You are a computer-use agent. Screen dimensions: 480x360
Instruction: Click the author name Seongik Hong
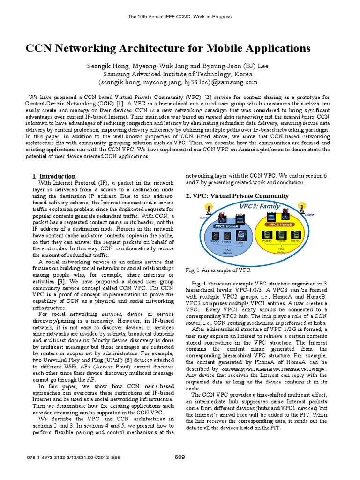[107, 66]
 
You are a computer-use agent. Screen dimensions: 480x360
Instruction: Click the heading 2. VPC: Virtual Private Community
[237, 196]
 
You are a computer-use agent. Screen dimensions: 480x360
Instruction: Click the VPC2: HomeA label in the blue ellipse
[226, 226]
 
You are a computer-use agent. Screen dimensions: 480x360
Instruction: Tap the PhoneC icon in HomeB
[295, 235]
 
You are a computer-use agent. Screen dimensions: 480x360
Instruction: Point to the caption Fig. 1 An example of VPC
[218, 270]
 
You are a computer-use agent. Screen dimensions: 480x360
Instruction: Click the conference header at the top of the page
[180, 17]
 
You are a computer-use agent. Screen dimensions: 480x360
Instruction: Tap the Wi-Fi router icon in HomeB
[285, 217]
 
